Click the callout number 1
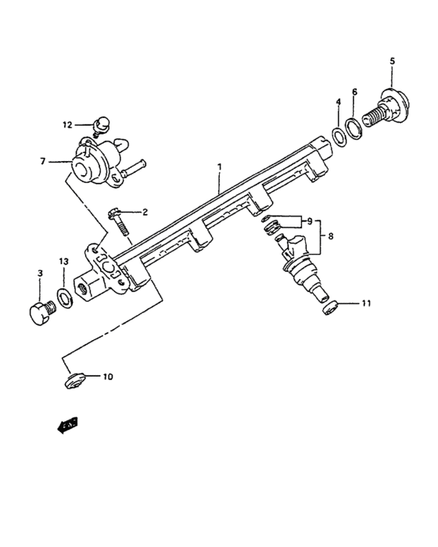click(x=220, y=166)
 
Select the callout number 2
click(x=144, y=212)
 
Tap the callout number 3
click(x=40, y=272)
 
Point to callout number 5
click(x=392, y=61)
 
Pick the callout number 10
click(x=107, y=377)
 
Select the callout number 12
click(x=67, y=124)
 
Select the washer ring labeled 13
click(x=65, y=299)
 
